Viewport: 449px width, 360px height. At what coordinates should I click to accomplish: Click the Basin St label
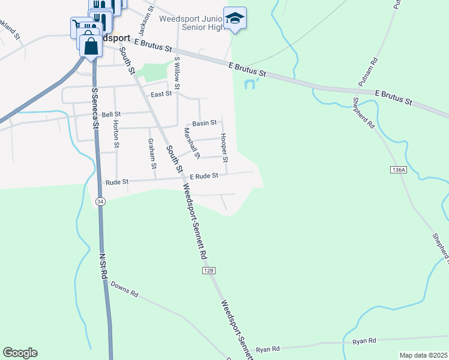coord(204,123)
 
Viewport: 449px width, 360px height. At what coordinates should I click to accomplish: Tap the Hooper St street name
coord(224,148)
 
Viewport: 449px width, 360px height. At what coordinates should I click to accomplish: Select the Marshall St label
coord(191,143)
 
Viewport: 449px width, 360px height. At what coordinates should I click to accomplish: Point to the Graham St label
coord(152,154)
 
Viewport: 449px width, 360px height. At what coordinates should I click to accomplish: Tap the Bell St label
coord(111,114)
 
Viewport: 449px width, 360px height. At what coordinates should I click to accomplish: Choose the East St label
coord(161,94)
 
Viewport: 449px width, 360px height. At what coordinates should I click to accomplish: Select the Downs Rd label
coord(125,295)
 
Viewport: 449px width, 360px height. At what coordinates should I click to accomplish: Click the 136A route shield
coord(398,170)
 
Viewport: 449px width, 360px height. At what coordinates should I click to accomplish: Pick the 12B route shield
coord(208,271)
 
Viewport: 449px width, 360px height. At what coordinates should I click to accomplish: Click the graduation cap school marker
coord(235,17)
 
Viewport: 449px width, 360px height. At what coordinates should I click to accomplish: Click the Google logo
coord(20,353)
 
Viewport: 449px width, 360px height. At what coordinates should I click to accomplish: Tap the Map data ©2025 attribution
coord(423,355)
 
